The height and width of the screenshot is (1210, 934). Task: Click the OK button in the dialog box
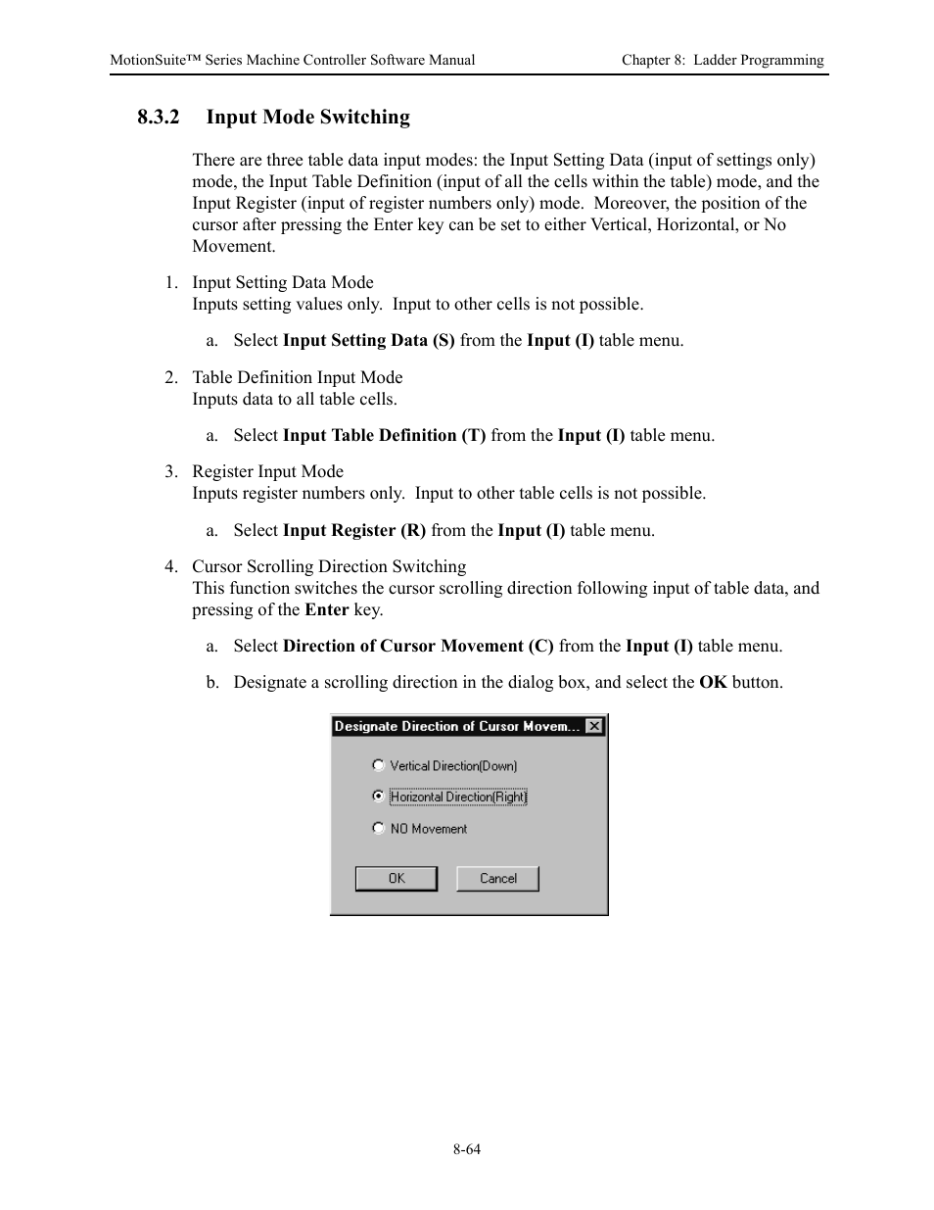point(396,879)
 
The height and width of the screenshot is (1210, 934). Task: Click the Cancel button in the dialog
point(497,879)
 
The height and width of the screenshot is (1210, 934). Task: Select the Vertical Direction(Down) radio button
point(379,765)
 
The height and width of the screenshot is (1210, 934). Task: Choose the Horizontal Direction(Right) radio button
point(379,797)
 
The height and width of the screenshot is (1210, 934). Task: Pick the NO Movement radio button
point(379,828)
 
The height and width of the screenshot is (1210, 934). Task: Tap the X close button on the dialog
point(594,726)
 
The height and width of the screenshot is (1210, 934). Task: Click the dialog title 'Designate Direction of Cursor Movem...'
point(456,726)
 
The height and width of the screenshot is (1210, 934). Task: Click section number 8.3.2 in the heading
point(159,118)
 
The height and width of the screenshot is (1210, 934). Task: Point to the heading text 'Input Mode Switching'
point(307,118)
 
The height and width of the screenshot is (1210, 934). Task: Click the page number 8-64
point(467,1149)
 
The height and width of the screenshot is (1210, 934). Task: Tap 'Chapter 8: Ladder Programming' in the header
point(723,60)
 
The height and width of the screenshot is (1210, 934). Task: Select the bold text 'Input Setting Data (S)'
point(368,341)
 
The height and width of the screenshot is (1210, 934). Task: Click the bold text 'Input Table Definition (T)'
point(384,436)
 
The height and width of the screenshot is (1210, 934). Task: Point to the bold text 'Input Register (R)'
point(353,531)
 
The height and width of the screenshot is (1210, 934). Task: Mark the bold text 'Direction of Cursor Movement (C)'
point(418,647)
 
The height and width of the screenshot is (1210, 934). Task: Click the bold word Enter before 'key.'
point(326,610)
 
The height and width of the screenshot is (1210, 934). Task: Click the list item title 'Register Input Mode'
point(267,472)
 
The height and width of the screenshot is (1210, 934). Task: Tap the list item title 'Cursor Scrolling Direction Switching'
point(329,567)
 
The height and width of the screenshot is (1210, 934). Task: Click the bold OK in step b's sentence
point(713,683)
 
